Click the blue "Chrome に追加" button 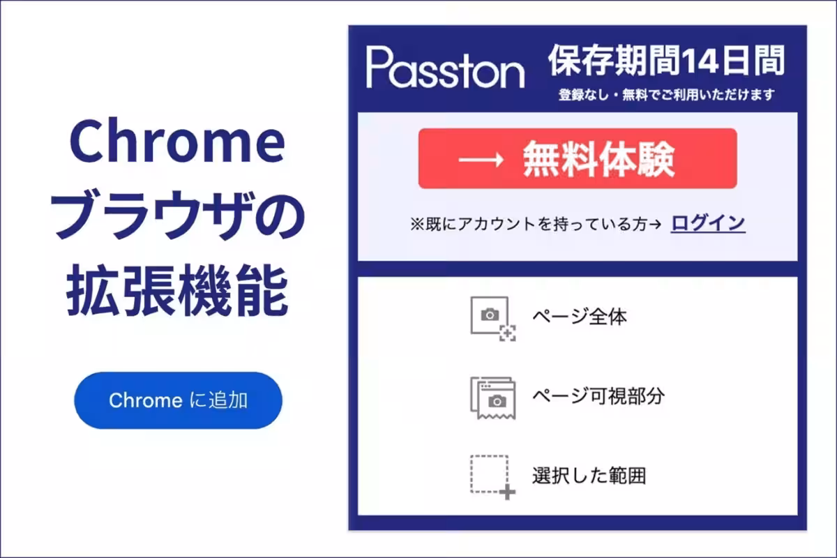(x=178, y=400)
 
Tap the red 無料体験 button (x=577, y=159)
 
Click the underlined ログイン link (x=708, y=223)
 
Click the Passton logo (x=445, y=68)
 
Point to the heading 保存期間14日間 (x=666, y=61)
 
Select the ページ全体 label (x=580, y=317)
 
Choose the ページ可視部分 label (x=598, y=396)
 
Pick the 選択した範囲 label (x=589, y=476)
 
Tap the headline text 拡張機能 (x=178, y=293)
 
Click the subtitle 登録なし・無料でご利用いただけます (x=666, y=95)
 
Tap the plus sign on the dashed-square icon (x=508, y=492)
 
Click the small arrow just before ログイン (x=656, y=224)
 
